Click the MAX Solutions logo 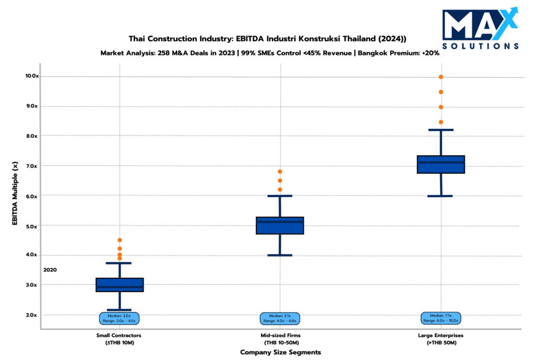click(x=480, y=29)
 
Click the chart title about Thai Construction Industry click(x=267, y=39)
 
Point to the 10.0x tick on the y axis click(x=31, y=76)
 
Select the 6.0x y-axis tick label click(x=31, y=196)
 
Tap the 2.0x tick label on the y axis click(x=31, y=315)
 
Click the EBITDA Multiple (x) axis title click(x=15, y=194)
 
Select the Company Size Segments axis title click(x=281, y=352)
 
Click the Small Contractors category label click(x=119, y=339)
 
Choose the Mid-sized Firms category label click(x=281, y=339)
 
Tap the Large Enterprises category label click(x=441, y=339)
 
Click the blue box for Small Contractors click(x=120, y=285)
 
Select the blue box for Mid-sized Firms click(x=280, y=226)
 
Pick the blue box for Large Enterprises click(x=441, y=164)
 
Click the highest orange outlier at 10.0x click(x=441, y=77)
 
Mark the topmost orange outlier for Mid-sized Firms click(x=280, y=171)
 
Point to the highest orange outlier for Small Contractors click(x=120, y=240)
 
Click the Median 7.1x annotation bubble click(x=441, y=318)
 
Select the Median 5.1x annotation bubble click(x=280, y=318)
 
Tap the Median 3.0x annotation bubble click(x=120, y=318)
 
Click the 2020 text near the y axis click(x=50, y=270)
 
